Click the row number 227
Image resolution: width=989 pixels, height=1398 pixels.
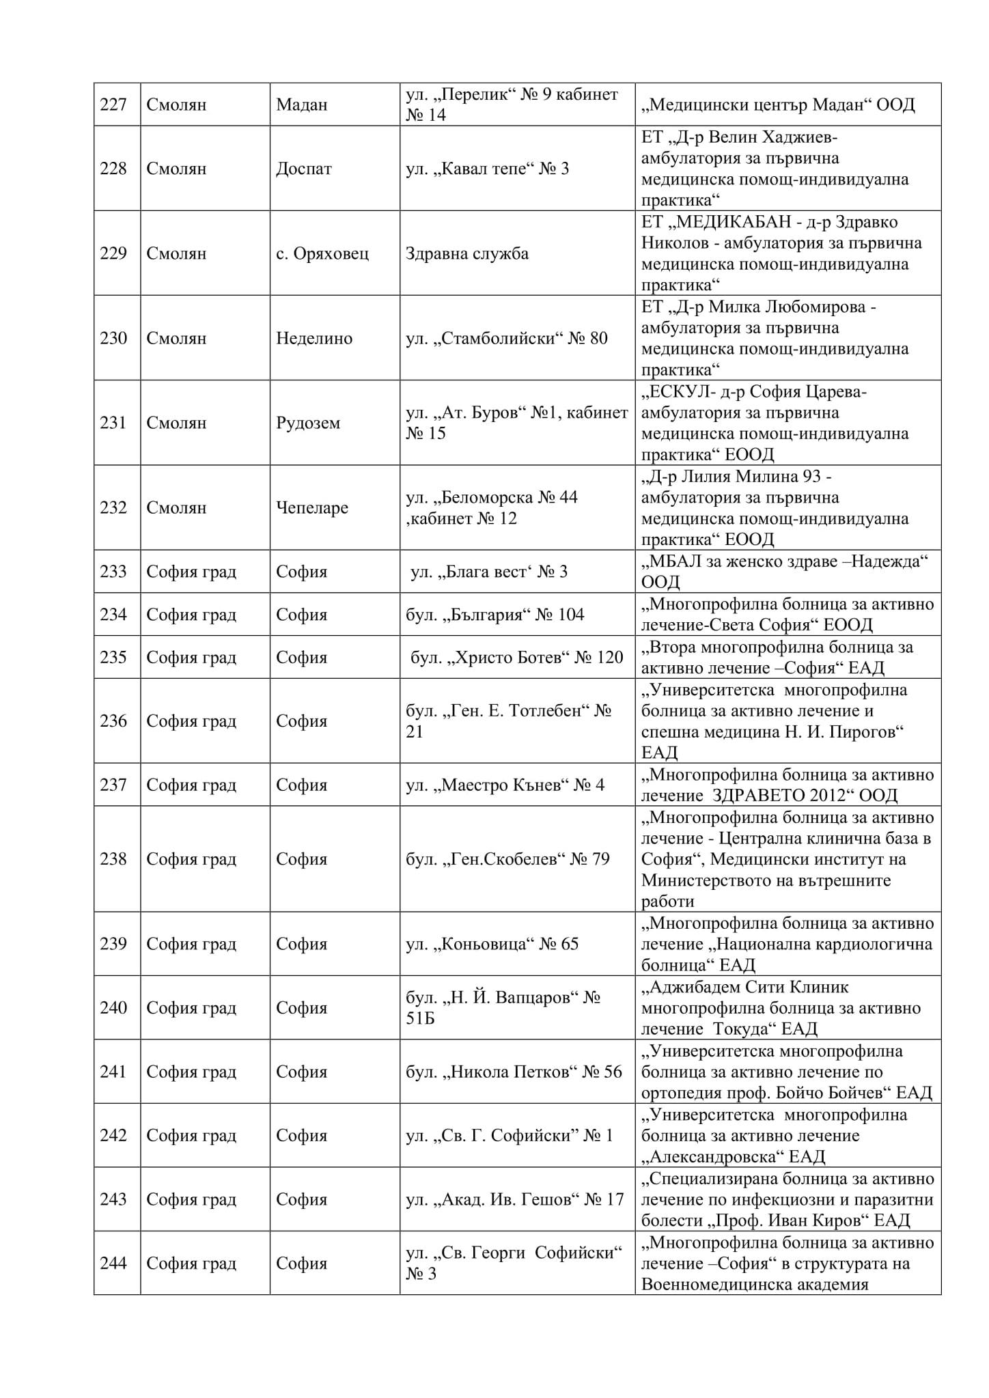point(113,104)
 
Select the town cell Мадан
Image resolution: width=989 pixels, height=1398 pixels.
point(301,104)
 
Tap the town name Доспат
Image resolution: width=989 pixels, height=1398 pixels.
point(303,169)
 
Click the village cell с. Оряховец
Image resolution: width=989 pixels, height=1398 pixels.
point(322,253)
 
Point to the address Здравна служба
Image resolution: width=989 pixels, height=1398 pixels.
point(466,253)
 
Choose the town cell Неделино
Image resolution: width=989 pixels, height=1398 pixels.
point(314,338)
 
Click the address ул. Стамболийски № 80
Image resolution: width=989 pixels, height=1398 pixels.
point(506,338)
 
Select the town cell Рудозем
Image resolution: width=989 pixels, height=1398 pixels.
point(307,423)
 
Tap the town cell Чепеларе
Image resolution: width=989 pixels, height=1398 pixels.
point(311,507)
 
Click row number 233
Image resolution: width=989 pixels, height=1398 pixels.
point(113,572)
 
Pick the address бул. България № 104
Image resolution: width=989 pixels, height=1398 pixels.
point(494,615)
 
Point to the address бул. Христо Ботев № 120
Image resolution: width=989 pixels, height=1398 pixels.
point(516,657)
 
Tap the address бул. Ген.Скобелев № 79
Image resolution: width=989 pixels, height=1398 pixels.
point(507,859)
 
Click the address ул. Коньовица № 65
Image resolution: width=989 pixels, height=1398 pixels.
point(492,944)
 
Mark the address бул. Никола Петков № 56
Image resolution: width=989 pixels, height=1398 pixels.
point(514,1072)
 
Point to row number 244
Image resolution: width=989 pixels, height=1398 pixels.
point(113,1263)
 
